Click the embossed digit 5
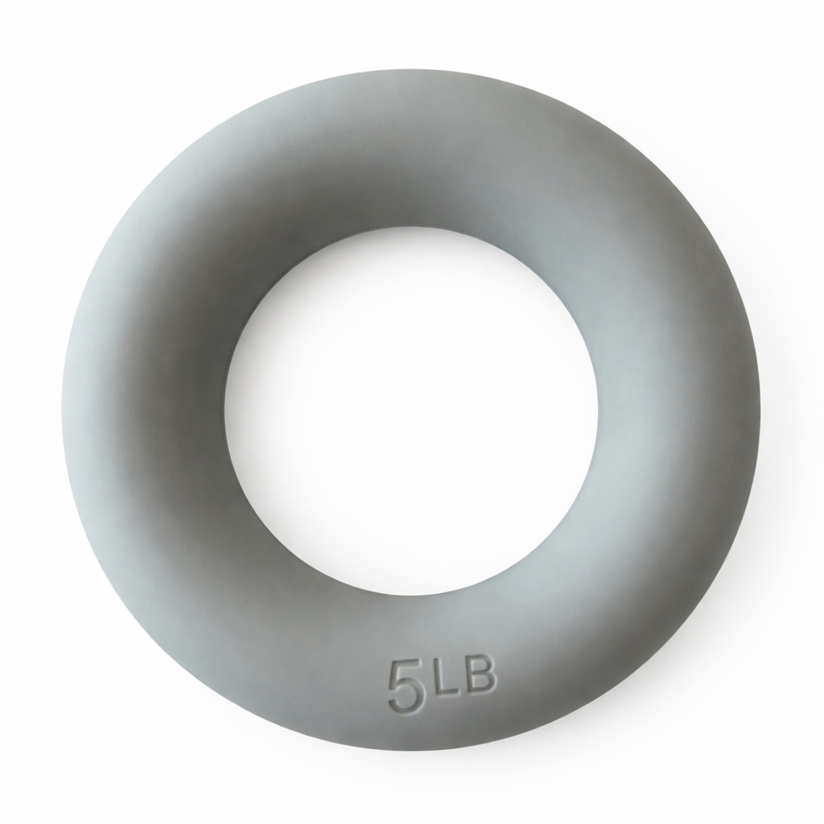pos(406,686)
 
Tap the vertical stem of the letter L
pos(438,679)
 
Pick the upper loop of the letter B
pos(480,669)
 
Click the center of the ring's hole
pos(411,410)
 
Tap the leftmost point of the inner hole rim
pos(225,410)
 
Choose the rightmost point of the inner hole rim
pos(598,410)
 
